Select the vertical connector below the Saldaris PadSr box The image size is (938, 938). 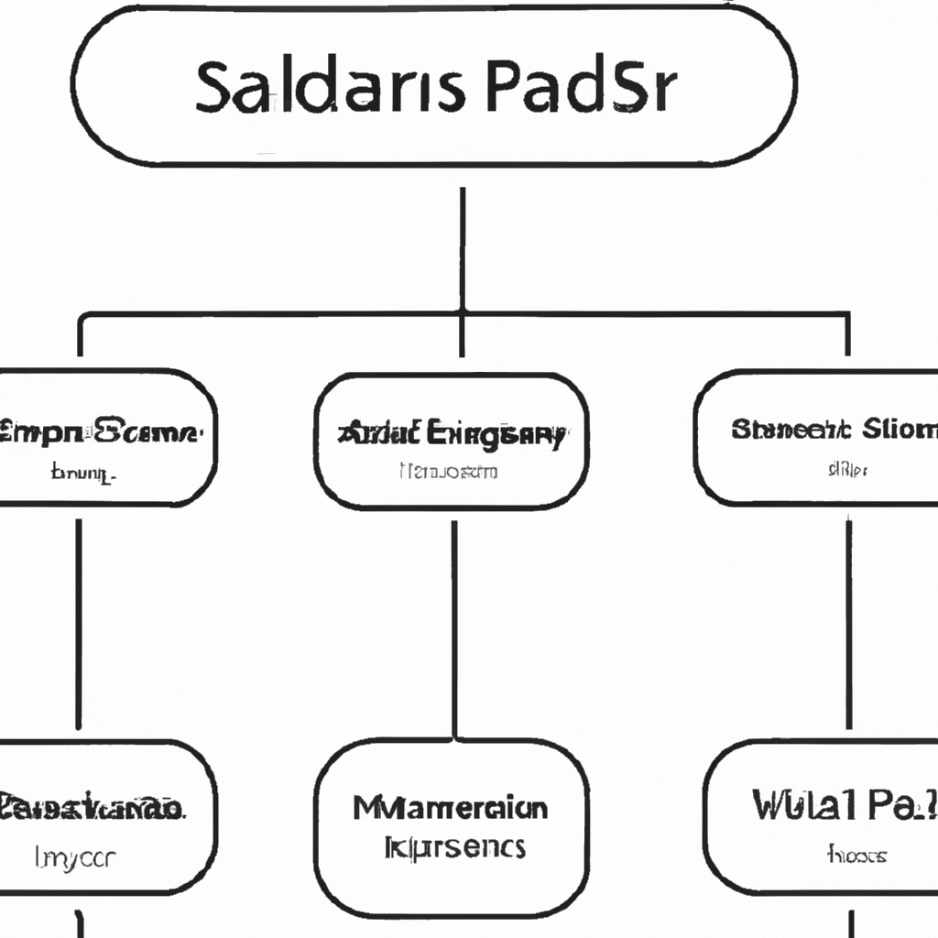[462, 247]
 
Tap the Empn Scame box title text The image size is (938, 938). [101, 431]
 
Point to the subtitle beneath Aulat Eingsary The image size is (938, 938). [449, 472]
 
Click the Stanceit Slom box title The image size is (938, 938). [834, 429]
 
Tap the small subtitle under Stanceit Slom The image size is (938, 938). [847, 470]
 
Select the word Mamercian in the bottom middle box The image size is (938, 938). [451, 808]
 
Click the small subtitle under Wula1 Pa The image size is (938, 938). [856, 856]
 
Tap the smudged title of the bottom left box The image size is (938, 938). [92, 808]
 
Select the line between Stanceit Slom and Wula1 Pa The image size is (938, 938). [848, 623]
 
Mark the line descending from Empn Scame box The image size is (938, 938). [78, 623]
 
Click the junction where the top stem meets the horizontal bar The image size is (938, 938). [462, 314]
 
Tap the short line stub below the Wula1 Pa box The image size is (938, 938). [851, 922]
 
